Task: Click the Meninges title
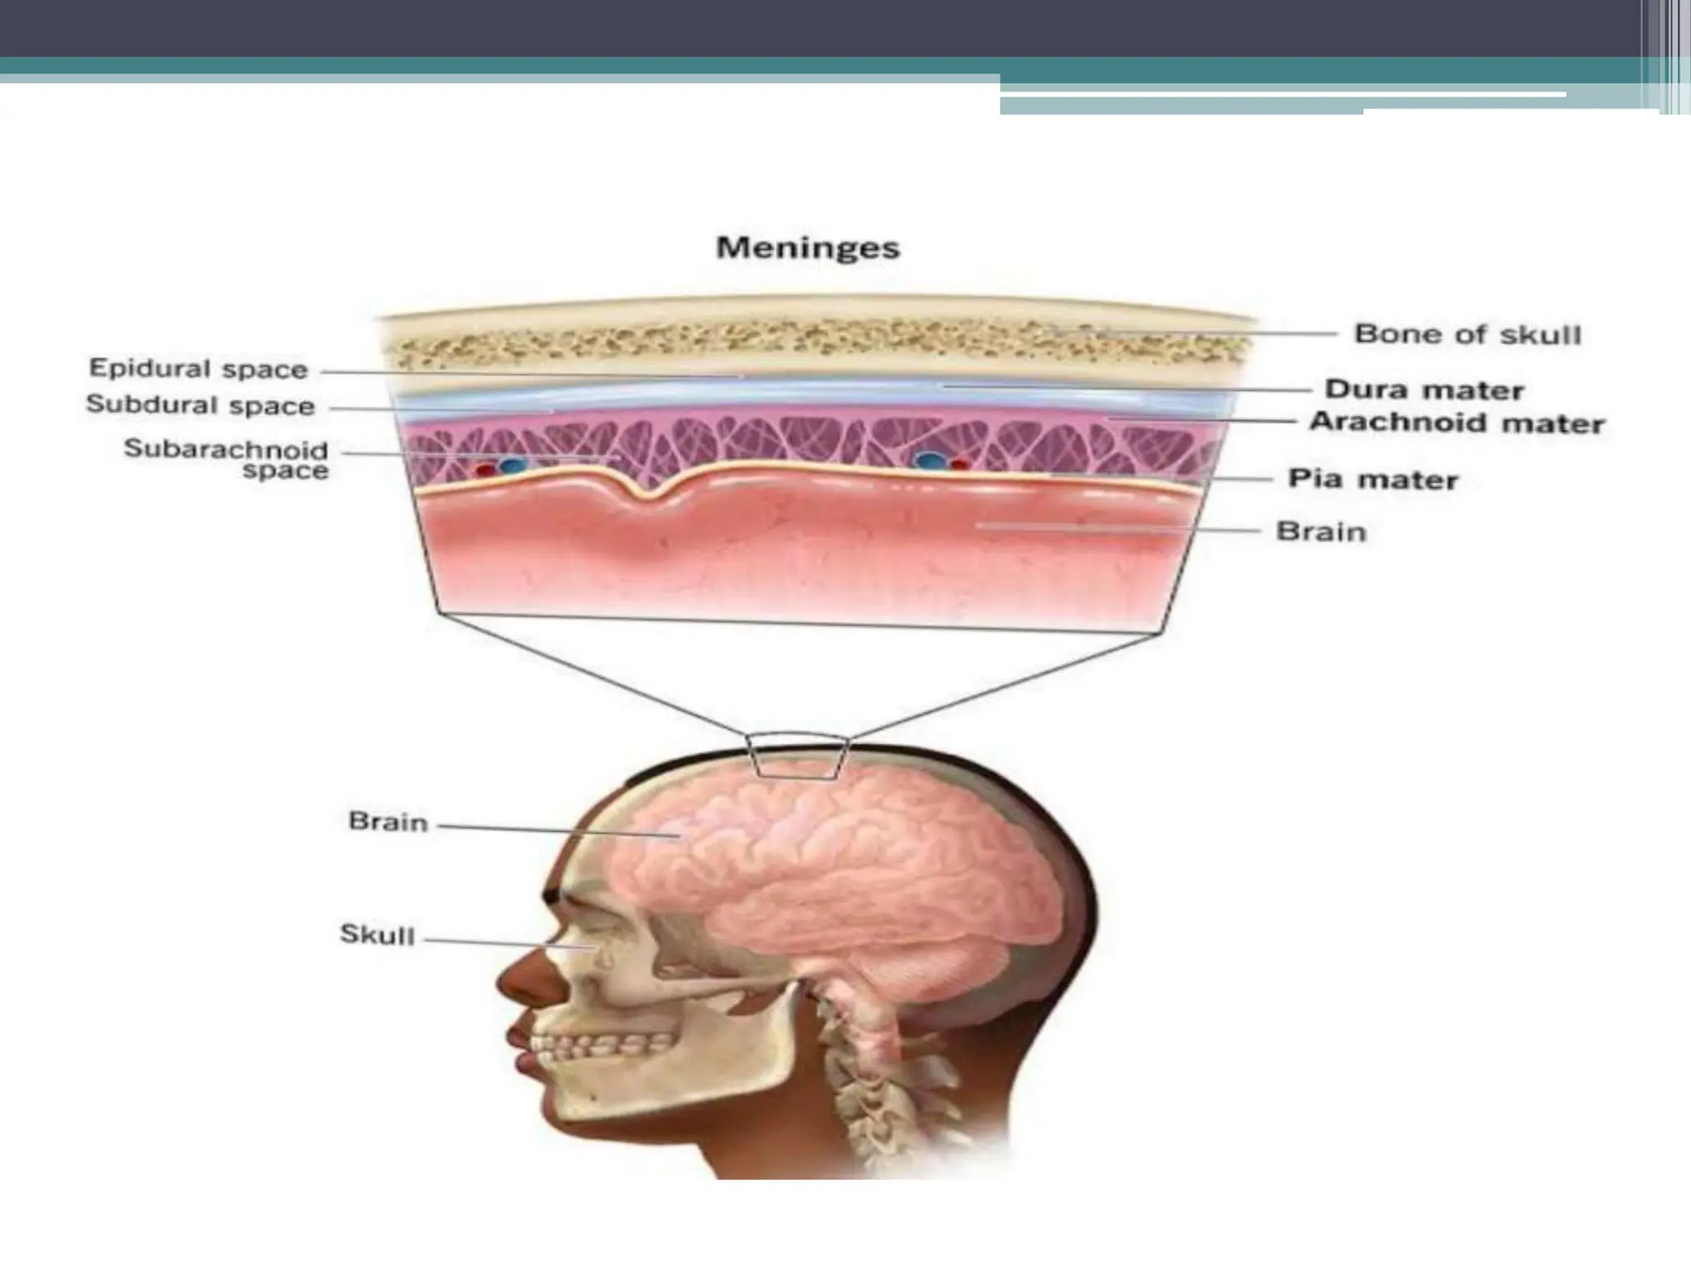(808, 248)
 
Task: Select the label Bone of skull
(1467, 334)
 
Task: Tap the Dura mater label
(1423, 389)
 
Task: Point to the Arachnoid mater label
(1457, 423)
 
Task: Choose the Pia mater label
(1372, 479)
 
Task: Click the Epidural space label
(198, 369)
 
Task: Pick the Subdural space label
(200, 405)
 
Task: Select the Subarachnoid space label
(226, 460)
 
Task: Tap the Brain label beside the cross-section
(1321, 531)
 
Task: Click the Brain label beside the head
(388, 822)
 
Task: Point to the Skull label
(377, 935)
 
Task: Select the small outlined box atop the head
(798, 755)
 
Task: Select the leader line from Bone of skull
(1214, 334)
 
